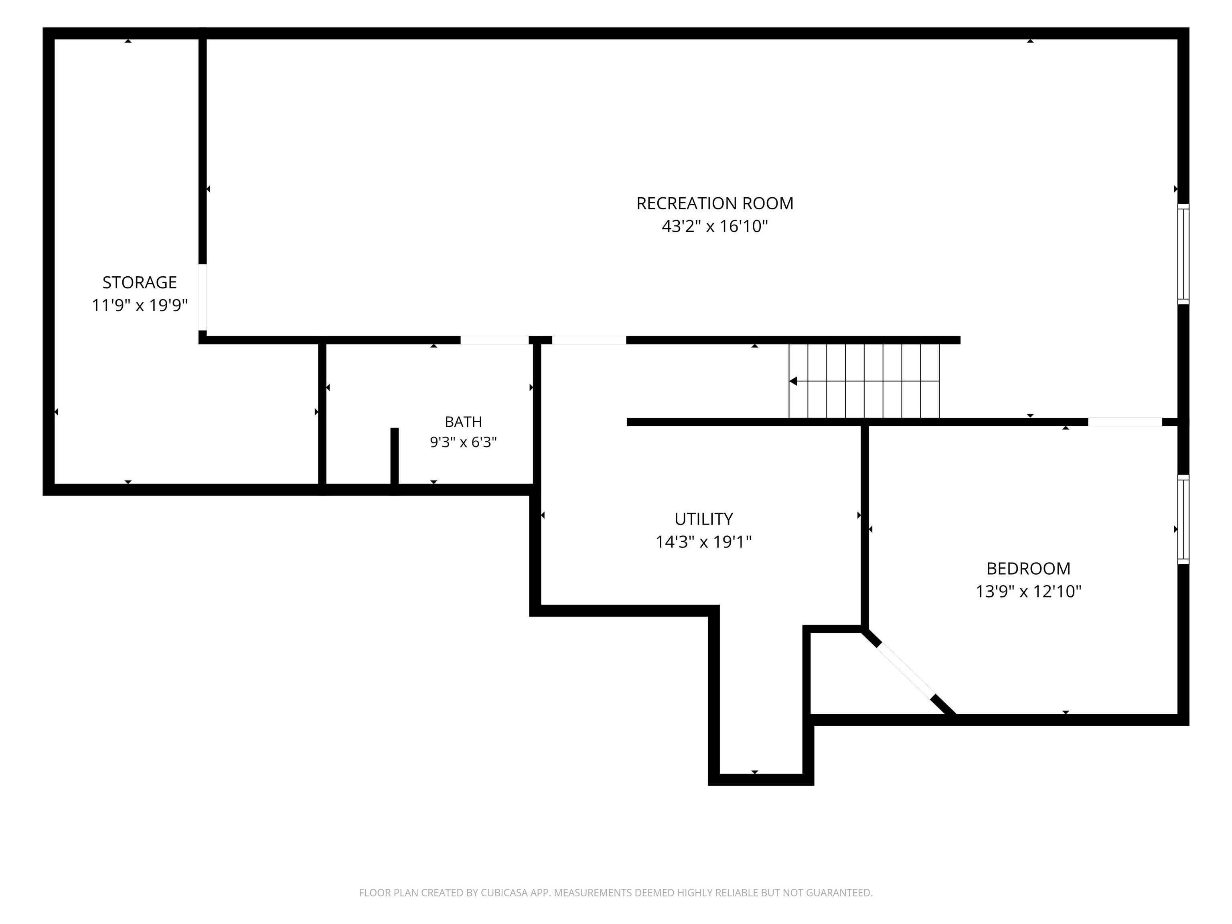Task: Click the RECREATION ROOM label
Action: click(715, 203)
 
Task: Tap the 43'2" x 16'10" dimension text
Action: click(715, 226)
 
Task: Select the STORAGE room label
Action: click(140, 282)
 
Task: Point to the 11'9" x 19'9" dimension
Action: click(140, 305)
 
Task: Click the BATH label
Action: click(463, 421)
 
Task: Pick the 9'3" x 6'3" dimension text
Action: click(463, 442)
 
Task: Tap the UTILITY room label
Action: click(704, 519)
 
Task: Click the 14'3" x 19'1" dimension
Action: click(704, 542)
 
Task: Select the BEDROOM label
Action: click(1029, 569)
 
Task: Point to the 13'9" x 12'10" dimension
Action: click(1029, 592)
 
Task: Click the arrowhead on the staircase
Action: click(793, 381)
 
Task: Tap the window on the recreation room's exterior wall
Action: click(1183, 254)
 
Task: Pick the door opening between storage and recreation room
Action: click(203, 298)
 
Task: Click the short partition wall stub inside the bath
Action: click(394, 461)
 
